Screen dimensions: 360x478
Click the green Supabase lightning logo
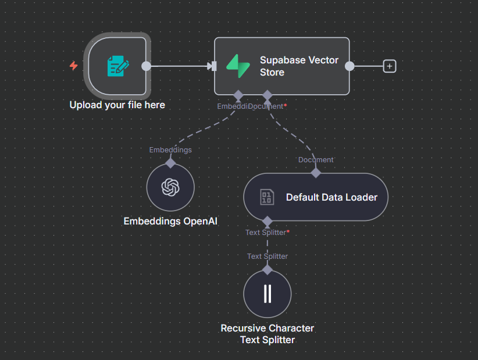(x=237, y=66)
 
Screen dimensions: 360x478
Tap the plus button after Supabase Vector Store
(x=390, y=66)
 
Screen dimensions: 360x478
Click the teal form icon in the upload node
(x=118, y=66)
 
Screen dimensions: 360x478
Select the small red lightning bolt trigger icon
(x=73, y=66)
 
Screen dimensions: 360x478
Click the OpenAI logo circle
(x=170, y=187)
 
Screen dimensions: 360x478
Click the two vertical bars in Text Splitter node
(x=267, y=294)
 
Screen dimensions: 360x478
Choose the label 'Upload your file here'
(x=117, y=105)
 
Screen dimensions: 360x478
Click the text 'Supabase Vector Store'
(x=299, y=66)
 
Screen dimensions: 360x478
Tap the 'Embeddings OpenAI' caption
(x=170, y=222)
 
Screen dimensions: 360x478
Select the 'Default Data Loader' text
(x=331, y=197)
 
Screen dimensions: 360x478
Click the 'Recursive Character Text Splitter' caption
(x=267, y=334)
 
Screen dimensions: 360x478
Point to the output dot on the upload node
(x=147, y=66)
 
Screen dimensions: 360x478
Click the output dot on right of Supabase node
(x=349, y=66)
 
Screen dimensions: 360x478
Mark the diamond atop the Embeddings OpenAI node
(x=170, y=163)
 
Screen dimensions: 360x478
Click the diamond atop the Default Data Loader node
(x=316, y=173)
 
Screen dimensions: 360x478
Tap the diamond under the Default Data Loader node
(x=267, y=222)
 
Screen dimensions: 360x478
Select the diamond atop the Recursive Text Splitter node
(x=267, y=269)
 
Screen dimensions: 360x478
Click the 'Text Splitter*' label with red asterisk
(x=267, y=233)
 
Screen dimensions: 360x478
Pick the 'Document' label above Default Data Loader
(x=316, y=160)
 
